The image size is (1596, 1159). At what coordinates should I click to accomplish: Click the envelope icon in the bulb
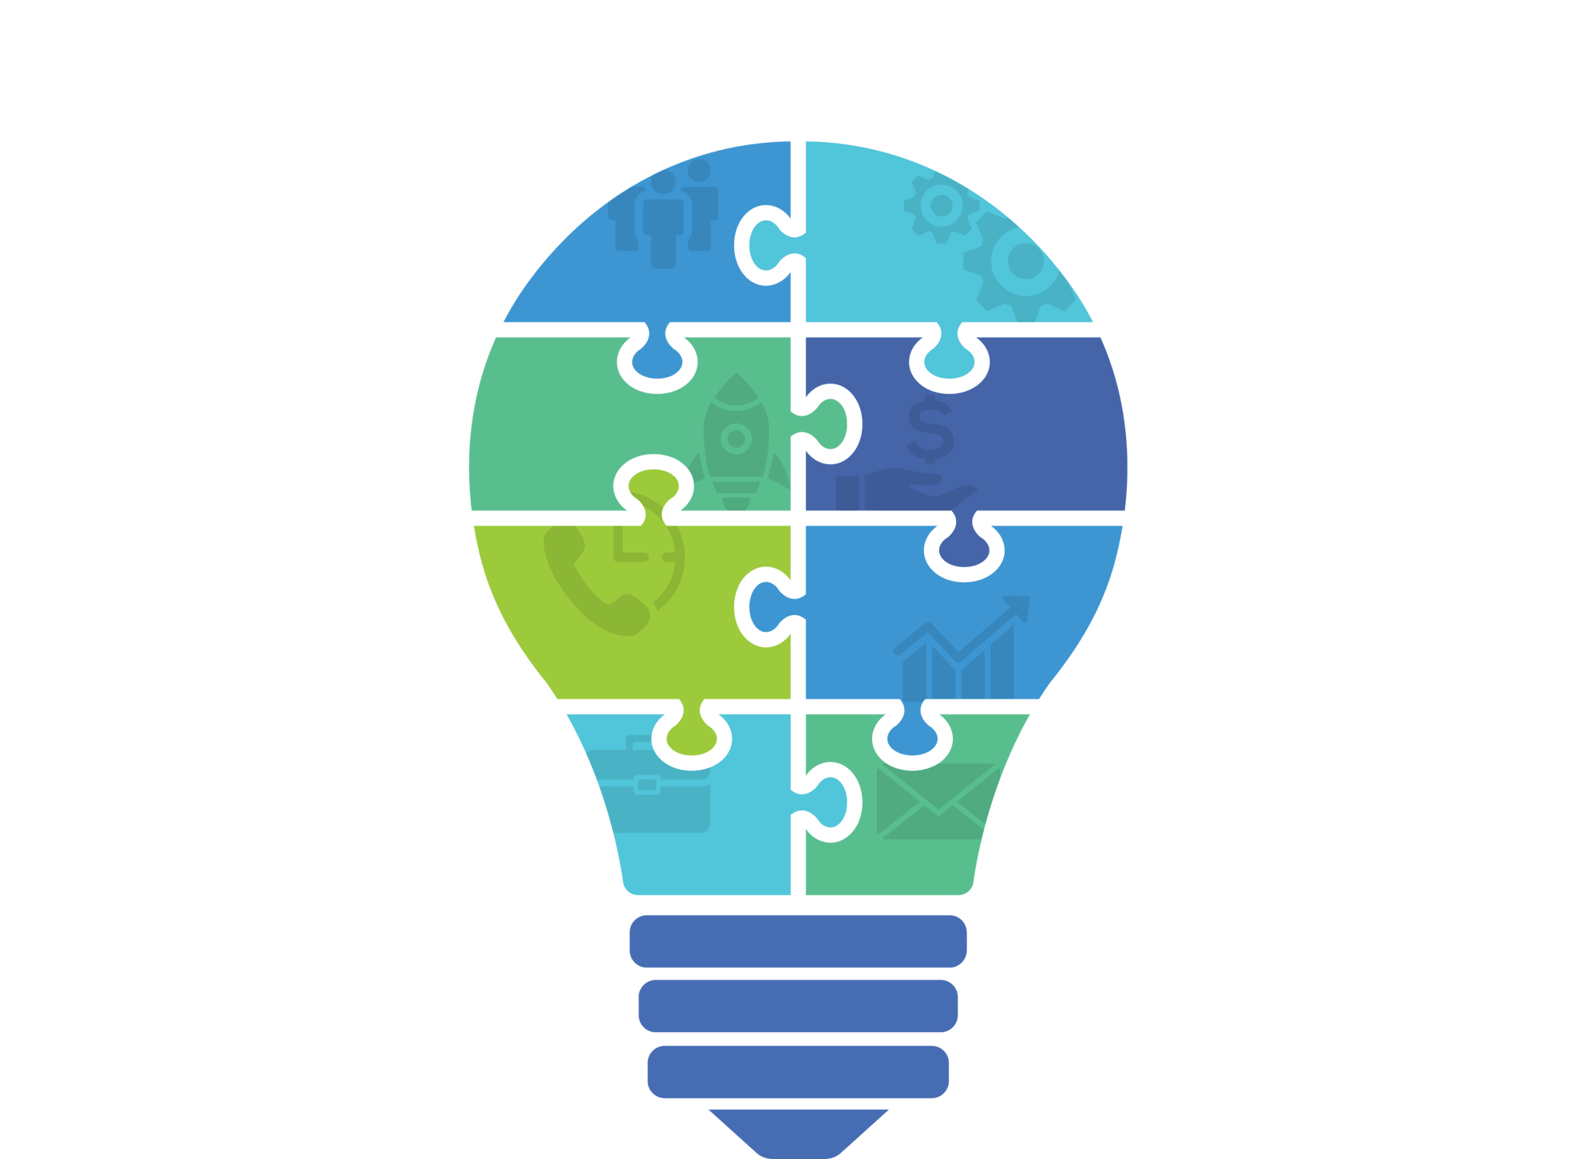(936, 801)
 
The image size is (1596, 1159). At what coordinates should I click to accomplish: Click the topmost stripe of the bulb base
(797, 941)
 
